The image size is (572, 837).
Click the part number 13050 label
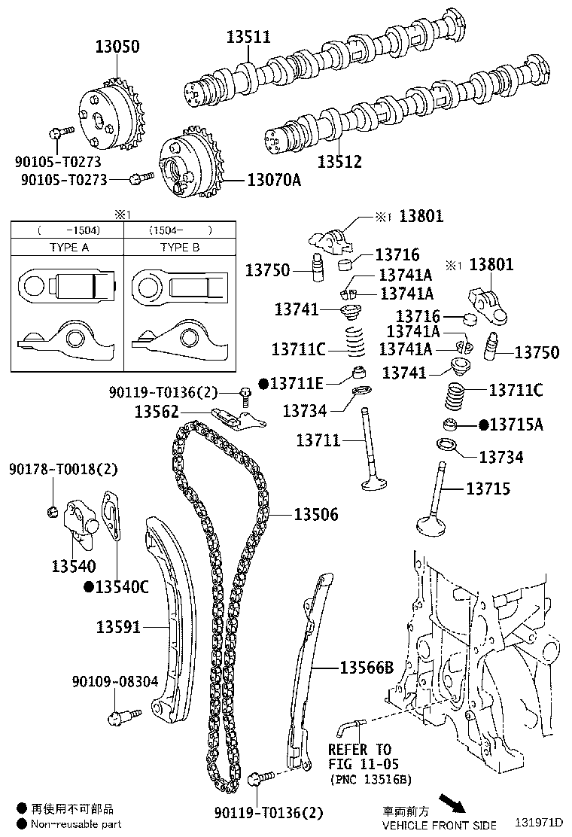pos(117,47)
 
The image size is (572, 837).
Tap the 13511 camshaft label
pos(249,37)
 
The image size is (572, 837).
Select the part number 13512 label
pos(339,162)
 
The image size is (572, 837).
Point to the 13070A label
pos(274,180)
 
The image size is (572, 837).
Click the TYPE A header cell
pos(69,247)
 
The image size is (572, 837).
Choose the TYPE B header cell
pos(180,247)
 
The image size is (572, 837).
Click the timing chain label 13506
pos(315,515)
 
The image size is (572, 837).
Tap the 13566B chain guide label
pos(367,667)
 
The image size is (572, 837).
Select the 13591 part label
pos(118,626)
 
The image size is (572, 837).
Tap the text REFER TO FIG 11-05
pos(360,757)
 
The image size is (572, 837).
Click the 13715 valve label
pos(488,489)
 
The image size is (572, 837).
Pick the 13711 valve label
pos(318,440)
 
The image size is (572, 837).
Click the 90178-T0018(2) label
pos(64,469)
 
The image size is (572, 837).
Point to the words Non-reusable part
pos(76,824)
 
